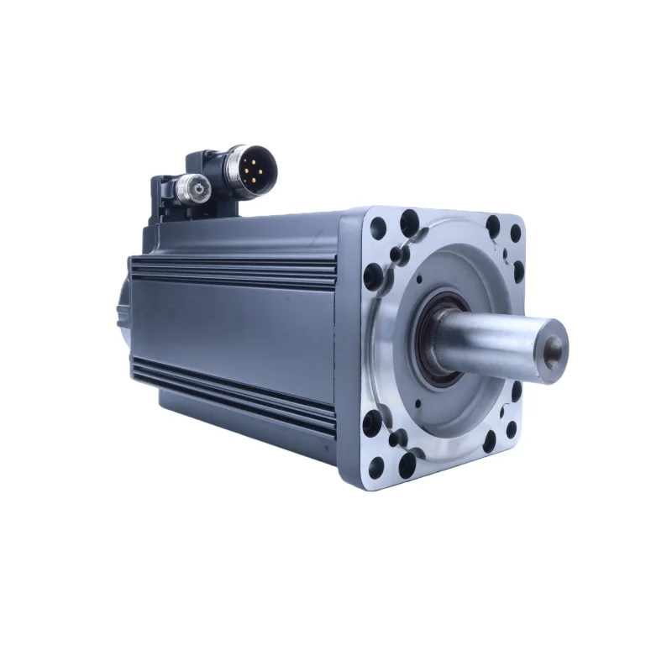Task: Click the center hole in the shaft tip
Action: pyautogui.click(x=554, y=344)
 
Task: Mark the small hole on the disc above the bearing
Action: pyautogui.click(x=417, y=278)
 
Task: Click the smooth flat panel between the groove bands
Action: pyautogui.click(x=235, y=328)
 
